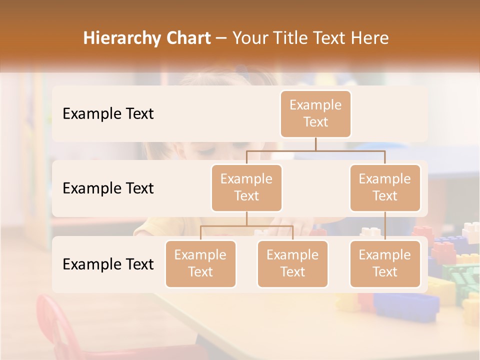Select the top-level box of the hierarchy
click(x=315, y=113)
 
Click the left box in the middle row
click(x=246, y=187)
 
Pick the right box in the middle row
click(x=385, y=187)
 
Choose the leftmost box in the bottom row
click(x=200, y=263)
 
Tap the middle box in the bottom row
click(x=292, y=263)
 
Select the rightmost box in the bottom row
click(x=385, y=263)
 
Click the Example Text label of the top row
click(x=108, y=114)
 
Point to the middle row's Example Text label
click(x=108, y=188)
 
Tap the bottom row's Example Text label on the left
click(x=108, y=264)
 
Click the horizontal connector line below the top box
click(x=315, y=150)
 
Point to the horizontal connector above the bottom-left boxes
click(x=246, y=226)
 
